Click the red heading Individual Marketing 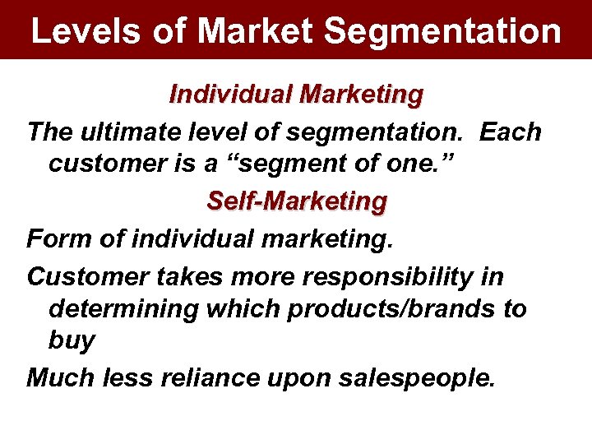[x=296, y=95]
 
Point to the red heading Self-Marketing [x=296, y=201]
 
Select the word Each [x=511, y=132]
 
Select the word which [x=252, y=310]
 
